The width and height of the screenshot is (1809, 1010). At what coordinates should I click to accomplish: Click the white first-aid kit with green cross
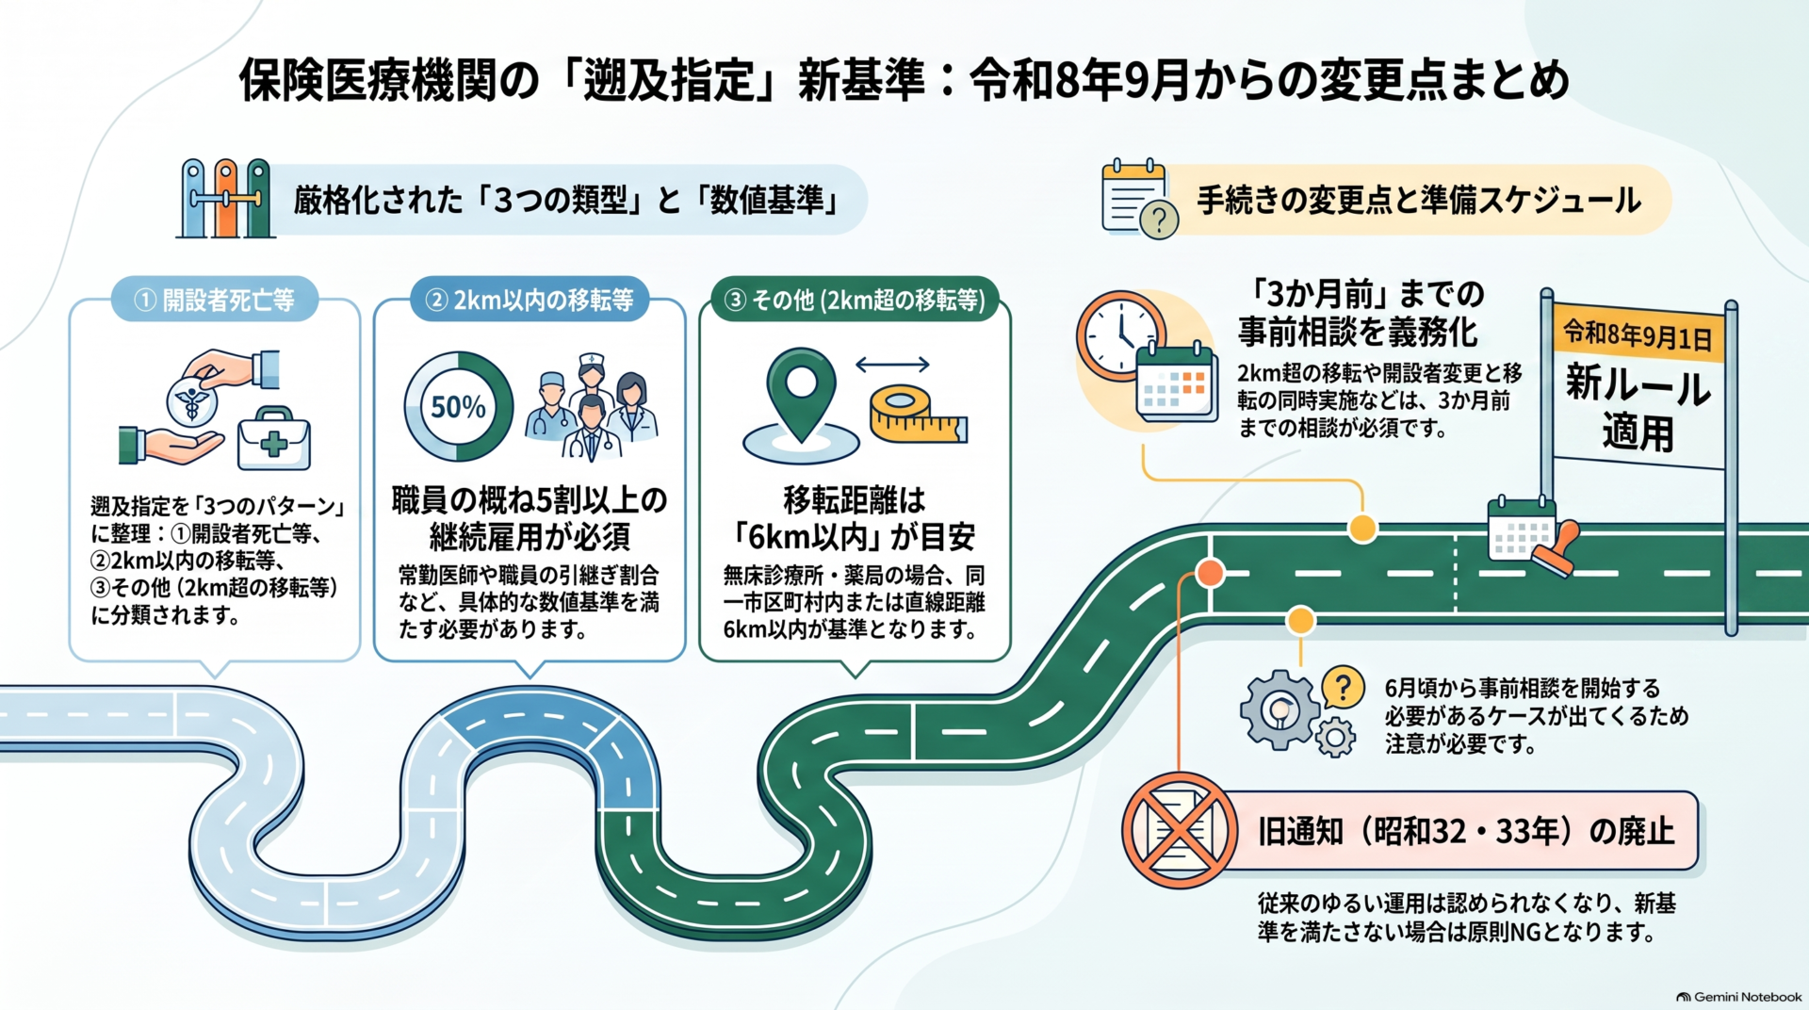[273, 439]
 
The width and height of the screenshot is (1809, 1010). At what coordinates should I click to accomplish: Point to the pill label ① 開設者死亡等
[215, 300]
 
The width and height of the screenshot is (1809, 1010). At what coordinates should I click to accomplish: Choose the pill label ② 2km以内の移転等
[530, 300]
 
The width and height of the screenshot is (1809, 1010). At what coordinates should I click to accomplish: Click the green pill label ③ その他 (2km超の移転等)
[854, 300]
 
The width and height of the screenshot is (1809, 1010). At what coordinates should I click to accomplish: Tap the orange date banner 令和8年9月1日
[1638, 334]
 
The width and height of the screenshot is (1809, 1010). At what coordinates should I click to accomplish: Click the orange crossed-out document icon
[1179, 830]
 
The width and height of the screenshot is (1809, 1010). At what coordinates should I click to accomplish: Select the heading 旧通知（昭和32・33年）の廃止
[1466, 831]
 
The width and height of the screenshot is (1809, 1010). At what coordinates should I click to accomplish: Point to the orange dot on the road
[1210, 572]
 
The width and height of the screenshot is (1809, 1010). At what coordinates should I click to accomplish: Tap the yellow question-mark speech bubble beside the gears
[1344, 688]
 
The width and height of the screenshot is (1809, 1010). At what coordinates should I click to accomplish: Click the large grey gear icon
[1279, 709]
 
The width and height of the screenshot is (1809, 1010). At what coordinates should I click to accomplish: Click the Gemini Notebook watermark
[1739, 996]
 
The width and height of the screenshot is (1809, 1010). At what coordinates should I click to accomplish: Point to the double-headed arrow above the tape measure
[892, 365]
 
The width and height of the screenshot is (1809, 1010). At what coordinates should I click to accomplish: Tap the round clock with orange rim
[1121, 335]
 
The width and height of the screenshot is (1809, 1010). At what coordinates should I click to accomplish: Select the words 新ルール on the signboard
[1638, 385]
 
